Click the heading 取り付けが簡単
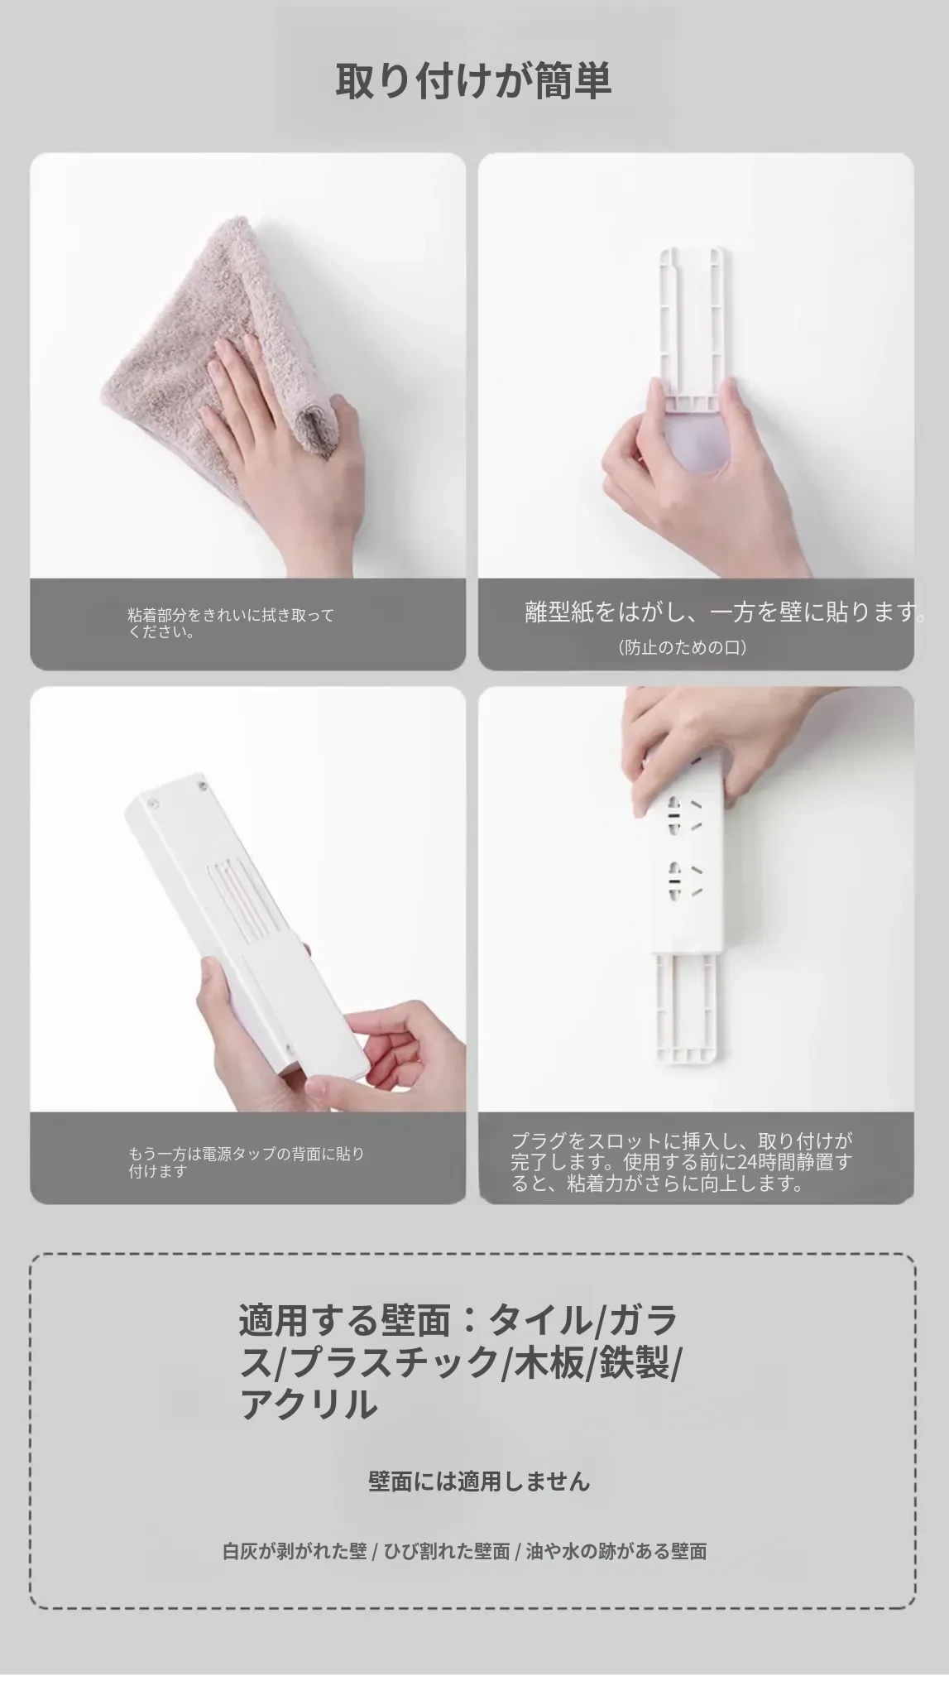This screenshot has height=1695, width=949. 473,82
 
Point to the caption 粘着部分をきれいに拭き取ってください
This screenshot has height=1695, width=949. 231,623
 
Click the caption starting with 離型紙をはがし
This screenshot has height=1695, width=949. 725,612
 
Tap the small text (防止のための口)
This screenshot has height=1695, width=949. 683,647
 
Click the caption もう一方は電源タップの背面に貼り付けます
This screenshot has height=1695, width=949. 246,1162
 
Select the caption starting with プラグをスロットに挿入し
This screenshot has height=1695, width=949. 681,1162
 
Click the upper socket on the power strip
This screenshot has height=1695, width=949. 687,815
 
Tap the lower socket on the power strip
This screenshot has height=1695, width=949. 687,882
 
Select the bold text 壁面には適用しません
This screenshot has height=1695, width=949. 479,1481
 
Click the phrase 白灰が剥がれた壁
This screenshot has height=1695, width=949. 294,1551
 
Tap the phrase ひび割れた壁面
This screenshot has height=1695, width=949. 445,1551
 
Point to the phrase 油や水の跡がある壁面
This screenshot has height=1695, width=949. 616,1551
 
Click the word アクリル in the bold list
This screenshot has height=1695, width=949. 308,1404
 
